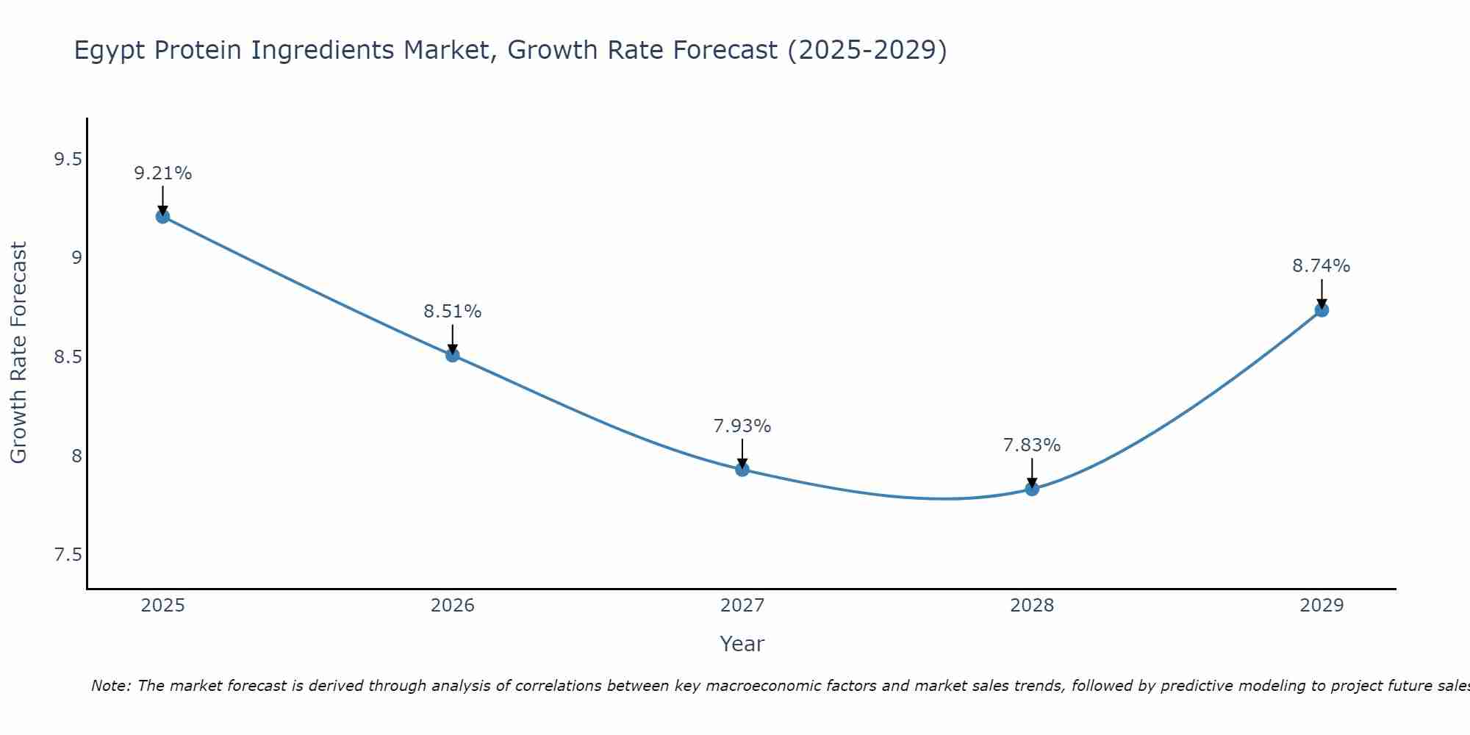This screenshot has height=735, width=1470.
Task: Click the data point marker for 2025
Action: (162, 216)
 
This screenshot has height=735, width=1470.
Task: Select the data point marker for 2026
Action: (453, 355)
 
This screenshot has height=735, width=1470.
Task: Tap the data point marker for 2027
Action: (742, 470)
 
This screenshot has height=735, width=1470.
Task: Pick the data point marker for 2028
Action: (1032, 489)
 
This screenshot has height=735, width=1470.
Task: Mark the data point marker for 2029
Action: (1322, 310)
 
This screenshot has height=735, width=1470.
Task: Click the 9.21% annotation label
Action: (162, 173)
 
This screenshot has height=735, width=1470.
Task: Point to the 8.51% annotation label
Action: (453, 312)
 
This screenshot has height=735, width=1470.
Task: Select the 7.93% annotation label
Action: (742, 426)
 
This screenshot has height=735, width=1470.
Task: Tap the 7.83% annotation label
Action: (1032, 445)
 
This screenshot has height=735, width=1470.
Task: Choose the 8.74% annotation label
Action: (1322, 266)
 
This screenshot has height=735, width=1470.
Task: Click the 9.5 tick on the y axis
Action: (68, 159)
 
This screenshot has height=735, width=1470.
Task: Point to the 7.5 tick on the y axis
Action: (68, 555)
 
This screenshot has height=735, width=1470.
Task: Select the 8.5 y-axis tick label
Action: (68, 357)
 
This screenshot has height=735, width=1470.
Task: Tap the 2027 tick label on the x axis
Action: (742, 606)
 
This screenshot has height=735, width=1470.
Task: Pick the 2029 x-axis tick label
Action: (1322, 606)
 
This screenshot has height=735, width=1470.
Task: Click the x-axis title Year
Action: (742, 644)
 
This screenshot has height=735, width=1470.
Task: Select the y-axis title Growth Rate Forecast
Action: (18, 353)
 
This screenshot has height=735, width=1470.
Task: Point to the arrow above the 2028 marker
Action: (1032, 473)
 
